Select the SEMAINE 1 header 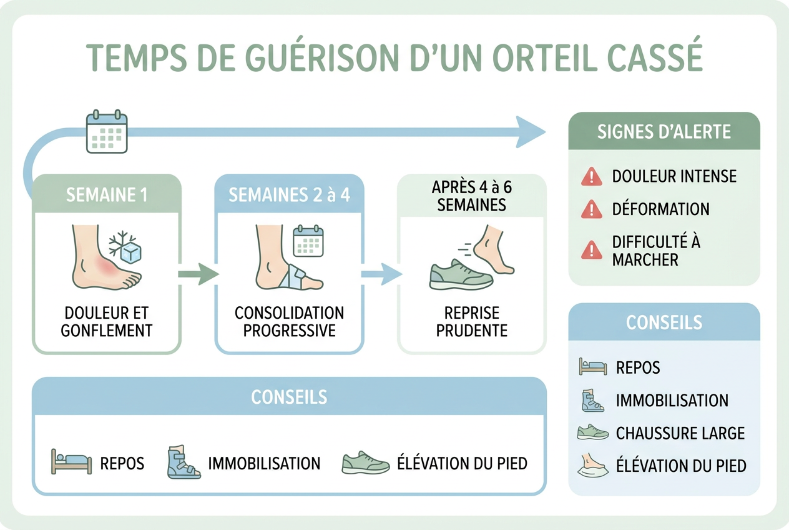pos(107,194)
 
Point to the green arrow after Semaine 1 pos(198,274)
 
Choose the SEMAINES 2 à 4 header pos(289,194)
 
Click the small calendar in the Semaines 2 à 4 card pos(308,241)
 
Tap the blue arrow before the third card pos(382,274)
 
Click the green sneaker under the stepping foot pos(461,275)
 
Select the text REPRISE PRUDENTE pos(472,322)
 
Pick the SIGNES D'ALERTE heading pos(664,132)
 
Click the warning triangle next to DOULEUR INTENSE pos(591,176)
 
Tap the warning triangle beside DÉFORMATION pos(591,209)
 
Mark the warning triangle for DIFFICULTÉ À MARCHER pos(591,250)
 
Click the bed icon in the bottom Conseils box pos(72,462)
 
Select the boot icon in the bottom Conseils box pos(184,462)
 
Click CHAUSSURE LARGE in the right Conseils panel pos(680,433)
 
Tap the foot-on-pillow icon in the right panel pos(593,465)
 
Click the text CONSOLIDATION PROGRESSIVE pos(289,322)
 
